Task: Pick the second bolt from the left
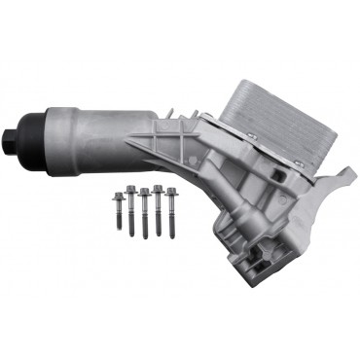(131, 205)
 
